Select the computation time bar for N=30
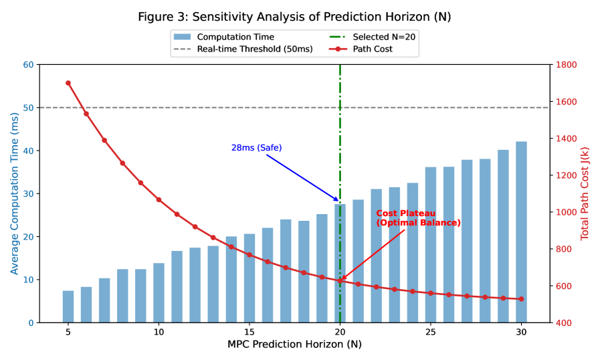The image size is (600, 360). pos(521,232)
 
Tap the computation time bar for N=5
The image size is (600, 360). pos(68,306)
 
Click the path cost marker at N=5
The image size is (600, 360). pos(68,83)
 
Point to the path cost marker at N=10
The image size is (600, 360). pos(159,199)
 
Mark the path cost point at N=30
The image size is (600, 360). pos(521,299)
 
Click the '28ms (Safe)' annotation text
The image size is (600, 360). pos(256,148)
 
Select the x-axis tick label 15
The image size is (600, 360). pos(249,333)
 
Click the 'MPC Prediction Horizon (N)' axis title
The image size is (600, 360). pos(294,345)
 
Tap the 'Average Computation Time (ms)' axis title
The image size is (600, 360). pos(15,193)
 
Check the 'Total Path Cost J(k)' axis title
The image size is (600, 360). pos(585,193)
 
